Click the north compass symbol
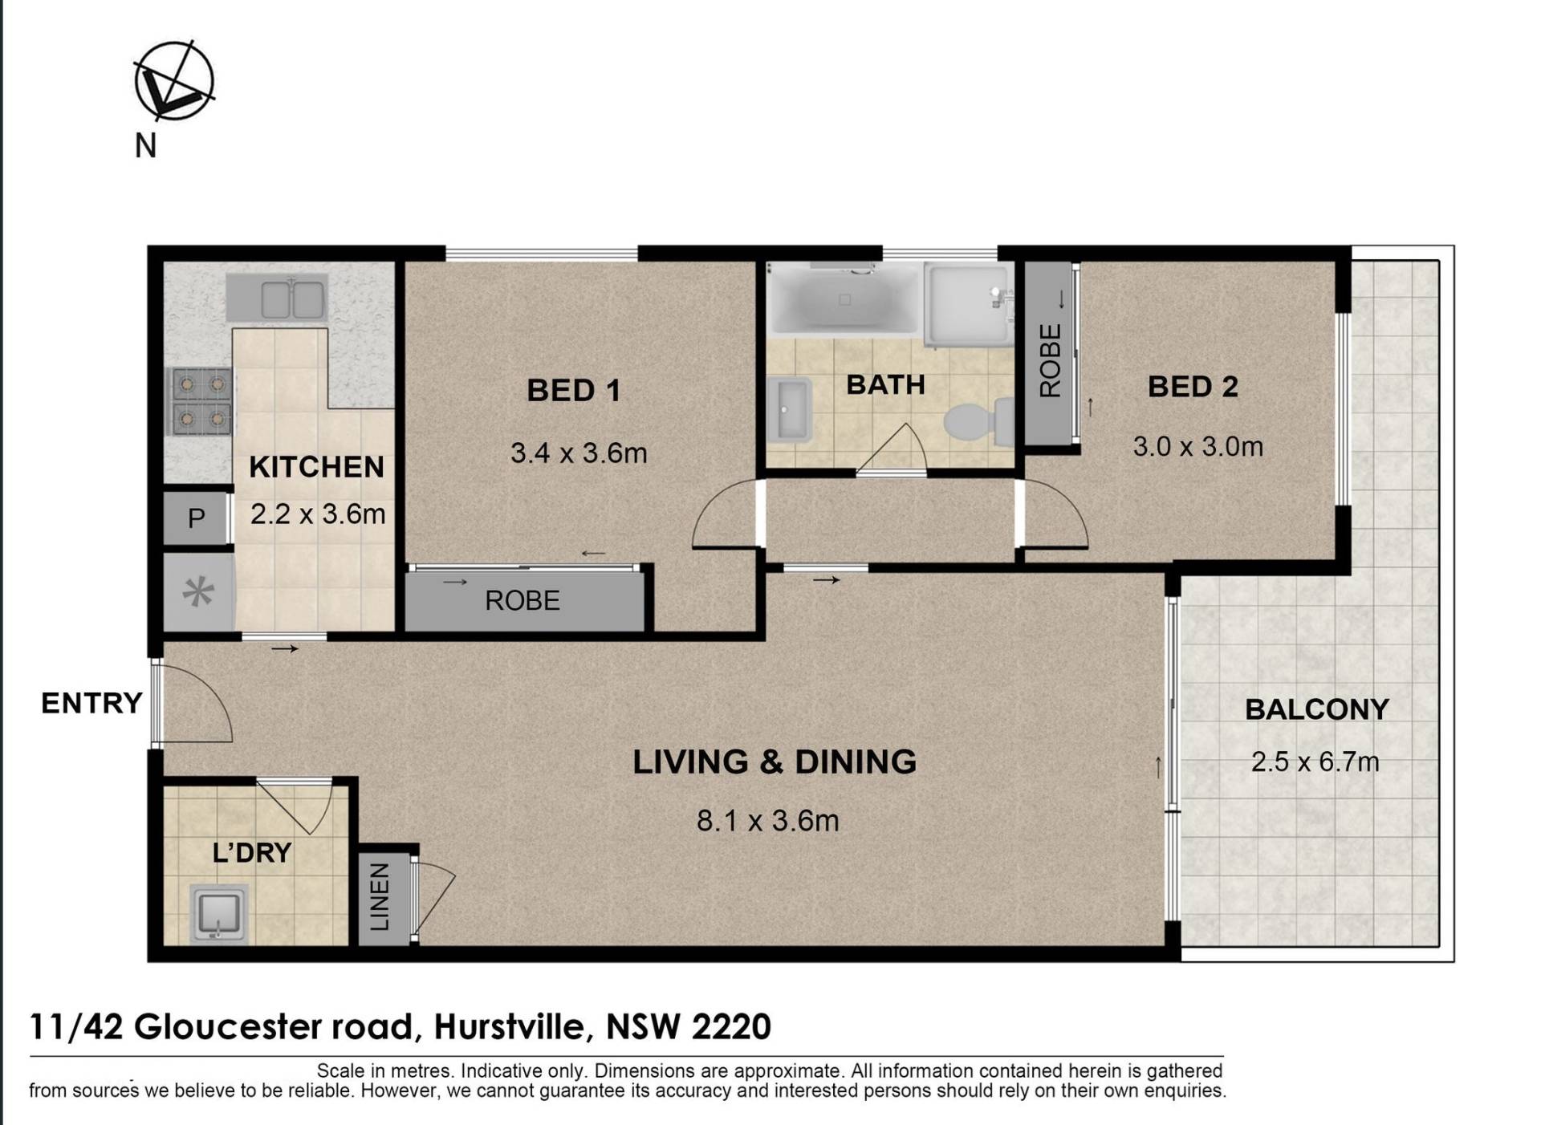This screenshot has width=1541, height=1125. point(173,81)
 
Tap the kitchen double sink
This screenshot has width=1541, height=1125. point(277,297)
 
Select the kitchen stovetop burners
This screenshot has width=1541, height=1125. point(201,401)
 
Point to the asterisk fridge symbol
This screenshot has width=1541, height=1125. point(198,593)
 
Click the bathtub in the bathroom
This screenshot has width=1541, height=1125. point(844,299)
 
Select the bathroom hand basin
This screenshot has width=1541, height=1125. point(789,411)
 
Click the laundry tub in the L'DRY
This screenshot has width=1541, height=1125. point(219,912)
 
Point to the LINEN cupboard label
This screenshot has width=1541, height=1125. point(380,897)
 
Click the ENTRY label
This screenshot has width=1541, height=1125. point(91,703)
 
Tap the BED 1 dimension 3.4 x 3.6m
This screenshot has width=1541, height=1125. point(579,453)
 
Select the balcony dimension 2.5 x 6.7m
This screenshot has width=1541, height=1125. point(1315,762)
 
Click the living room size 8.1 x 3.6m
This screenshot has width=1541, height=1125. point(767,821)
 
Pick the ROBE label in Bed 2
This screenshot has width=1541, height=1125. point(1050,360)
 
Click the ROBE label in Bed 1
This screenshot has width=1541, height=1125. point(522,600)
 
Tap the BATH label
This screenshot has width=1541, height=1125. point(885,385)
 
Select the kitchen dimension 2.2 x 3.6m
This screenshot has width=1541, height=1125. point(318,514)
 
